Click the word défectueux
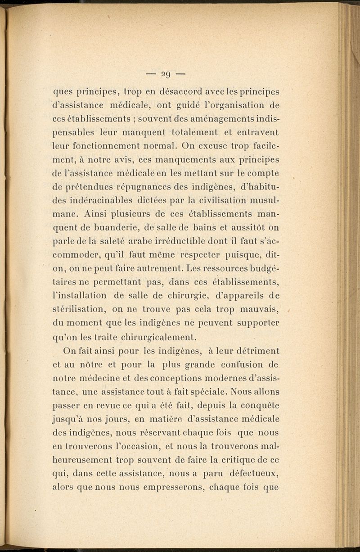point(254,473)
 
